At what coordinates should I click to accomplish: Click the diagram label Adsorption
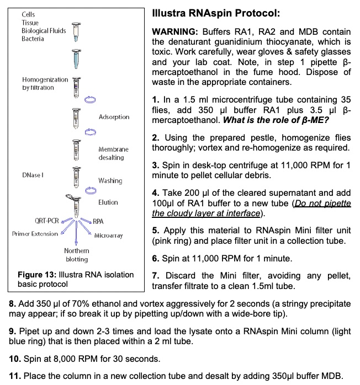coord(114,117)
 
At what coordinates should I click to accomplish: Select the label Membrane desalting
coord(113,153)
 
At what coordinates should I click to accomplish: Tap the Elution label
coord(108,202)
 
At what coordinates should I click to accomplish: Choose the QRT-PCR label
coord(47,221)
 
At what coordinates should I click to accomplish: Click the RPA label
coord(98,221)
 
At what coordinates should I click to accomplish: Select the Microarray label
coord(108,236)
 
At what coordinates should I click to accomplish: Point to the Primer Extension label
coord(35,234)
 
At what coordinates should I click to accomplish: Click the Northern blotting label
coord(76,255)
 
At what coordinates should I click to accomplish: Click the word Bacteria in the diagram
coord(33,39)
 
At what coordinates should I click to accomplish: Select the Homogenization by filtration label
coord(45,83)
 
